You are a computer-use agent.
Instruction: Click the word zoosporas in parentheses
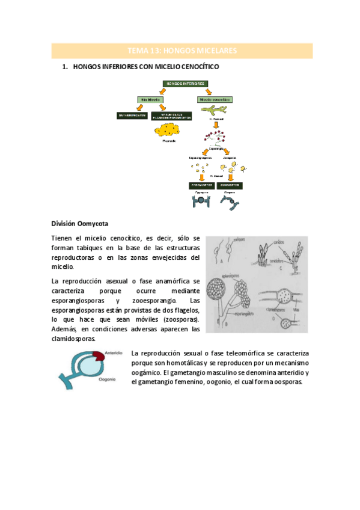[184, 319]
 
